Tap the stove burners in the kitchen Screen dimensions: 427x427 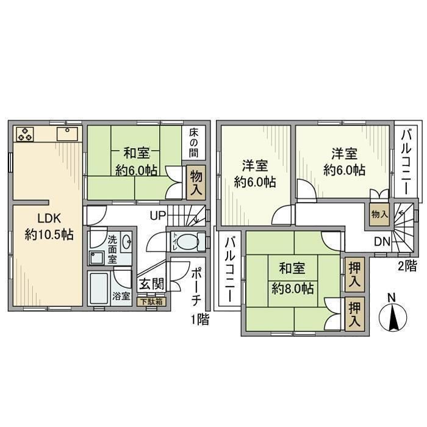[x=26, y=134]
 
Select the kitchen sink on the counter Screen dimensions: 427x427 [x=65, y=134]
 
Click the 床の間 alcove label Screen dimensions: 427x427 [x=194, y=142]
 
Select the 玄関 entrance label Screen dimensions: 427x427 [x=149, y=284]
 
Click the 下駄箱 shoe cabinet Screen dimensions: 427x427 [x=150, y=301]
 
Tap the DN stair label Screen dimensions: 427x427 [x=382, y=242]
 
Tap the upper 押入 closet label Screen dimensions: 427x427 [x=353, y=274]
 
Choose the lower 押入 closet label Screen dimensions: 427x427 [x=353, y=314]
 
